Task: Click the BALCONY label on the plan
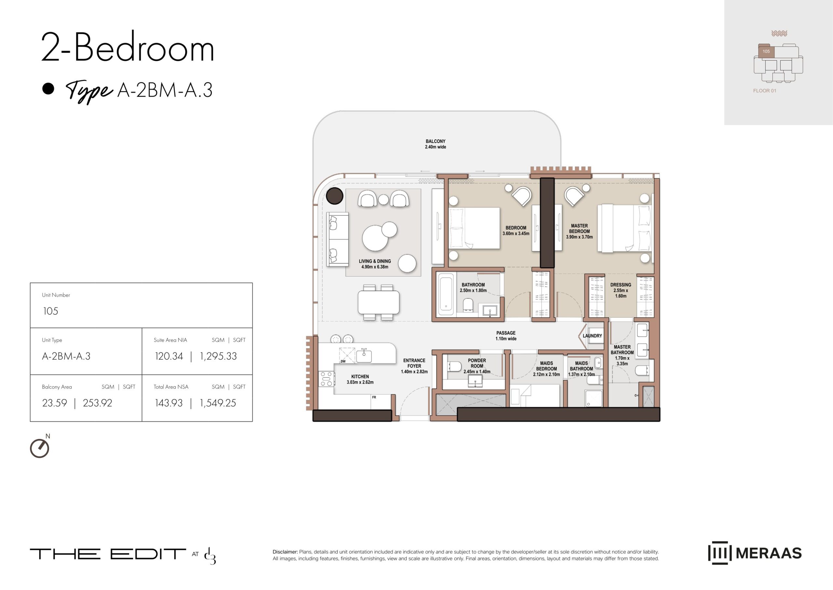click(x=435, y=141)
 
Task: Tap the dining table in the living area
click(x=378, y=302)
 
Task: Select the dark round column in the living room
click(x=334, y=196)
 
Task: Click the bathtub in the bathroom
click(x=446, y=294)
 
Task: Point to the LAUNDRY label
click(x=592, y=336)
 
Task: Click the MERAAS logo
click(x=755, y=553)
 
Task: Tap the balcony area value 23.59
click(x=54, y=403)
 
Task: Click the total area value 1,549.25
click(x=218, y=403)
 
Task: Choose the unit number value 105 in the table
click(x=50, y=311)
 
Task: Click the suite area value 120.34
click(x=169, y=356)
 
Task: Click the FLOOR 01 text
click(x=765, y=91)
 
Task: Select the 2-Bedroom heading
click(x=128, y=47)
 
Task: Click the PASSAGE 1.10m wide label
click(x=506, y=336)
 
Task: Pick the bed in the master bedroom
click(x=624, y=228)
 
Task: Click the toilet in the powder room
click(x=454, y=366)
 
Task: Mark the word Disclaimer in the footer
click(x=285, y=552)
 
